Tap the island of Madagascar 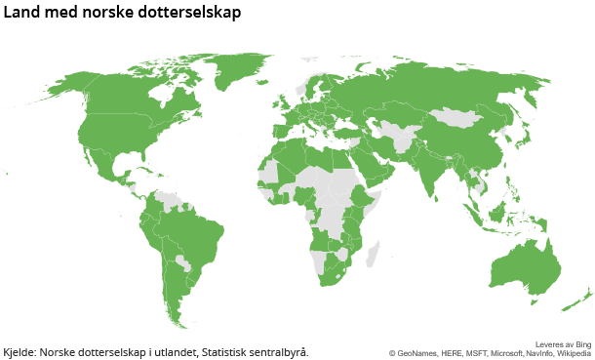pyautogui.click(x=372, y=255)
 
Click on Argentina pyautogui.click(x=176, y=288)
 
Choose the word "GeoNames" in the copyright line pyautogui.click(x=416, y=353)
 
